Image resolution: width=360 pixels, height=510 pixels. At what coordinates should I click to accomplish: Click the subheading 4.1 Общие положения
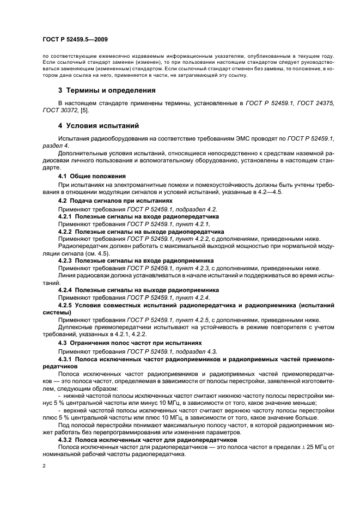(92, 176)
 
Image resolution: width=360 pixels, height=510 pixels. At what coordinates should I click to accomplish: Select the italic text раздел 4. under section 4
(54, 147)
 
